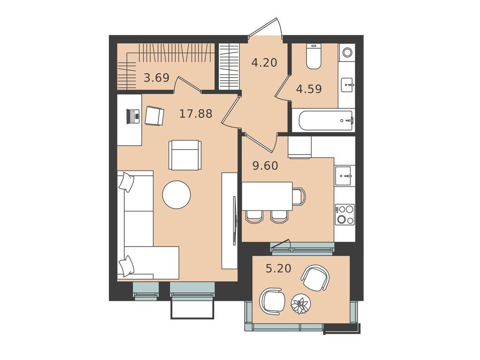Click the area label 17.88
click(x=196, y=113)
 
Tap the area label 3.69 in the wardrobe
click(x=156, y=78)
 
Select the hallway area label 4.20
click(x=264, y=62)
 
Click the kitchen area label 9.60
click(x=265, y=165)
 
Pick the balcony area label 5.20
click(x=278, y=269)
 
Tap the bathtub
click(x=323, y=120)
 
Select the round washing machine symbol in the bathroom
click(x=347, y=52)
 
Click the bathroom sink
click(x=347, y=85)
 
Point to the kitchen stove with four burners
click(x=345, y=214)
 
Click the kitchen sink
click(x=345, y=176)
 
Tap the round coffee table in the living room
click(x=176, y=195)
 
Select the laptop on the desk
click(x=134, y=116)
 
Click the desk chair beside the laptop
click(x=154, y=116)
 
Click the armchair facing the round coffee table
click(x=185, y=155)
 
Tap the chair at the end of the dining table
click(x=299, y=196)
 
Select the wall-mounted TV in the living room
click(x=234, y=220)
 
